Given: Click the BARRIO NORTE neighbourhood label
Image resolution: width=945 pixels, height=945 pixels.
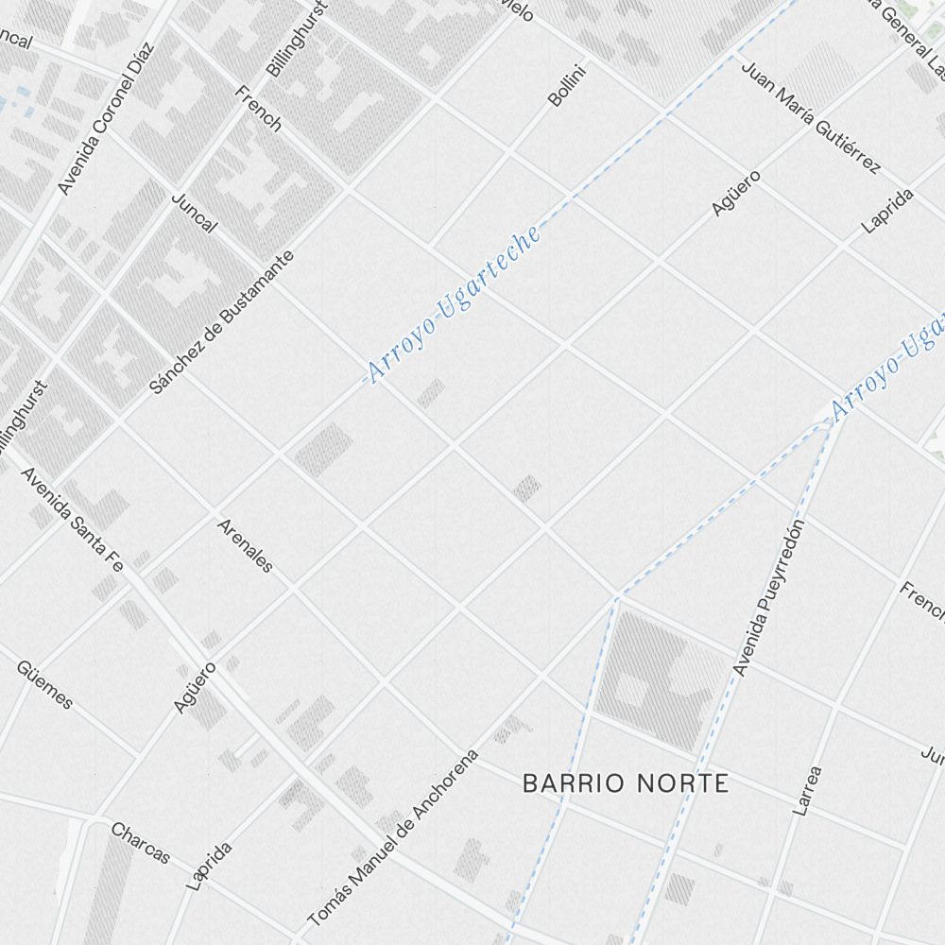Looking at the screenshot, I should click(x=626, y=783).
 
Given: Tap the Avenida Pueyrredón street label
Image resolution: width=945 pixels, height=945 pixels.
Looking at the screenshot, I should click(x=771, y=598).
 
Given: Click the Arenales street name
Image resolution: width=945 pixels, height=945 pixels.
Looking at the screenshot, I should click(x=245, y=545).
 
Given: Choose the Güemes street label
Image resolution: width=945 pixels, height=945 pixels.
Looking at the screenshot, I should click(x=44, y=684).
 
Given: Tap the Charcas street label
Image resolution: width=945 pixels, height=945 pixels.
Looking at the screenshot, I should click(x=141, y=843).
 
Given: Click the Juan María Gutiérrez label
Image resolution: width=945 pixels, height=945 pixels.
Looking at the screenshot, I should click(x=810, y=118).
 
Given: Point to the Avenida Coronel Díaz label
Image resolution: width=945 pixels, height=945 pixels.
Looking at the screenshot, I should click(x=105, y=118).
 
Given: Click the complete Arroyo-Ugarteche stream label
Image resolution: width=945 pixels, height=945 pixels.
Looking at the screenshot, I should click(x=455, y=304).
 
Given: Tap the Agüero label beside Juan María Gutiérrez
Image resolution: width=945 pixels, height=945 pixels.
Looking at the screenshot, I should click(x=735, y=192).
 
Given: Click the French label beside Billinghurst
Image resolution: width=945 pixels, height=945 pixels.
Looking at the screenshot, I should click(x=258, y=108).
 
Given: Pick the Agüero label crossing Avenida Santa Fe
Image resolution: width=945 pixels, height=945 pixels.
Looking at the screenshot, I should click(x=195, y=687).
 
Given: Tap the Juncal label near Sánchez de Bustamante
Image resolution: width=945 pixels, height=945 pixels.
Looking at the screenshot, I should click(x=195, y=213).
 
